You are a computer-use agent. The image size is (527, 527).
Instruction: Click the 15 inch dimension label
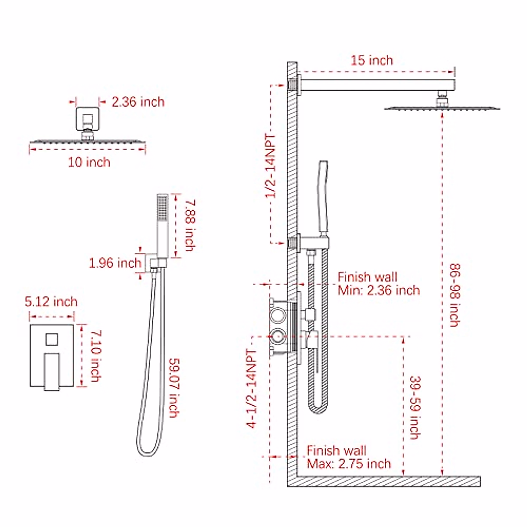click(x=372, y=60)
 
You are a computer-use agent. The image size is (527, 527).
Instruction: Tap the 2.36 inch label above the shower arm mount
click(x=138, y=102)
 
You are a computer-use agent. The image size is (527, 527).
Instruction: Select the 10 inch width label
click(x=89, y=162)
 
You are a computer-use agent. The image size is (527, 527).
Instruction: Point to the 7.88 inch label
click(x=190, y=225)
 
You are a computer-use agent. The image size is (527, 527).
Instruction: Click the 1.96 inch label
click(x=115, y=263)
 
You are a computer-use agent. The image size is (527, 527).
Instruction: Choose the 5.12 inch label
click(x=51, y=302)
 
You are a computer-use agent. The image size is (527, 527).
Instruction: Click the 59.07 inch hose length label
click(x=174, y=388)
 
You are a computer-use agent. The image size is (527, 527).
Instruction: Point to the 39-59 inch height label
click(x=415, y=407)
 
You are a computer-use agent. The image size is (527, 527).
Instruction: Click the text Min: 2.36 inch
click(x=379, y=290)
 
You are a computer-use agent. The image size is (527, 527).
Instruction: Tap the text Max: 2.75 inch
click(x=349, y=464)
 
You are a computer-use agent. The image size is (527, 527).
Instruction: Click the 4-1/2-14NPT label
click(x=251, y=389)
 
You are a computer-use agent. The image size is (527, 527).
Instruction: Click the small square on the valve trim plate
click(x=52, y=339)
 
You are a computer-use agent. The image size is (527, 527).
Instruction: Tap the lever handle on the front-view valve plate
click(x=52, y=371)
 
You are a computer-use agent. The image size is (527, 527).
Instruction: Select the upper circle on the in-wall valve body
click(x=278, y=314)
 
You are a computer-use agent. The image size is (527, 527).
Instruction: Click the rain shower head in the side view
click(x=442, y=107)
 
